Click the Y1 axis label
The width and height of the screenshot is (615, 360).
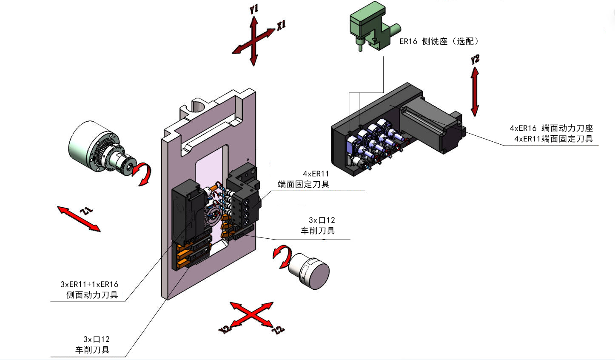click(x=254, y=9)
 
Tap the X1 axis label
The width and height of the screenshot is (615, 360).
click(x=281, y=25)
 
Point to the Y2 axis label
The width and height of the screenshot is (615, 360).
click(x=475, y=59)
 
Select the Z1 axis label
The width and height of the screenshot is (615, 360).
click(x=86, y=211)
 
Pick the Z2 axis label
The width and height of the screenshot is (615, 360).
click(x=278, y=330)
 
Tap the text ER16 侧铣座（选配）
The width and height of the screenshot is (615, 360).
click(x=439, y=41)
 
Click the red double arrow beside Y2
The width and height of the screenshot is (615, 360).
click(x=475, y=92)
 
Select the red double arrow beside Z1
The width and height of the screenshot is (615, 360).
click(x=79, y=219)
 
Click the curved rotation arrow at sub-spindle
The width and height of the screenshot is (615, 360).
click(x=282, y=256)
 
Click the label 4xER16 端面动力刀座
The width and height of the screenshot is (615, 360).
click(x=551, y=128)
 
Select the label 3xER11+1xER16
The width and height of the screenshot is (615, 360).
click(x=89, y=284)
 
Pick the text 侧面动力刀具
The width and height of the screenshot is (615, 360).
click(x=92, y=295)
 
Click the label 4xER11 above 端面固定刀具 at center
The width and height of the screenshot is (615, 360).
click(x=316, y=174)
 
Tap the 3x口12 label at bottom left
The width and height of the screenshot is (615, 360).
click(x=97, y=340)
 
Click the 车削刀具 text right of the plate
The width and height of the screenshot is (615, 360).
click(x=318, y=231)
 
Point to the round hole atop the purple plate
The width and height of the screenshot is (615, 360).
click(x=198, y=105)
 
